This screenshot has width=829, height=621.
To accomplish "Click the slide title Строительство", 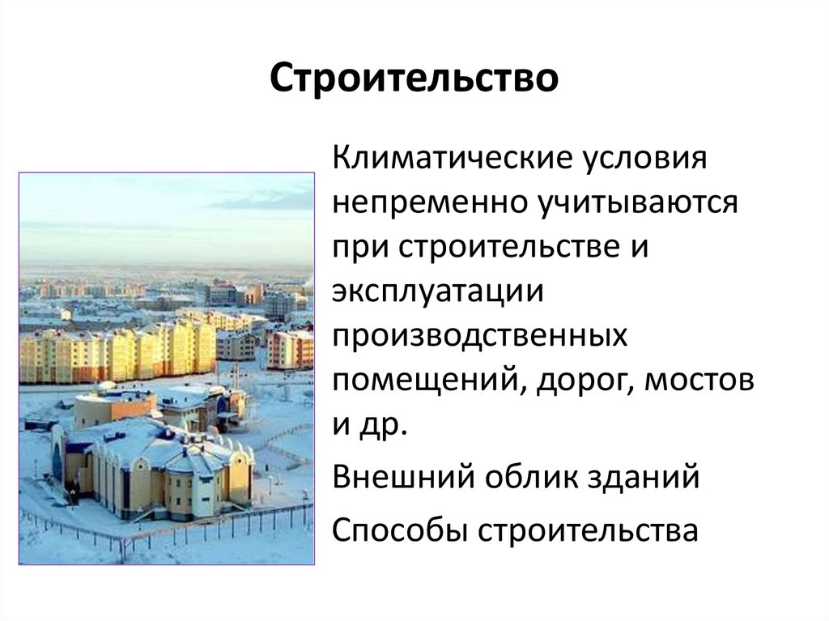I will point(414,79).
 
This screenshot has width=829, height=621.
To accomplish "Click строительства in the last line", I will point(587,530).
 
